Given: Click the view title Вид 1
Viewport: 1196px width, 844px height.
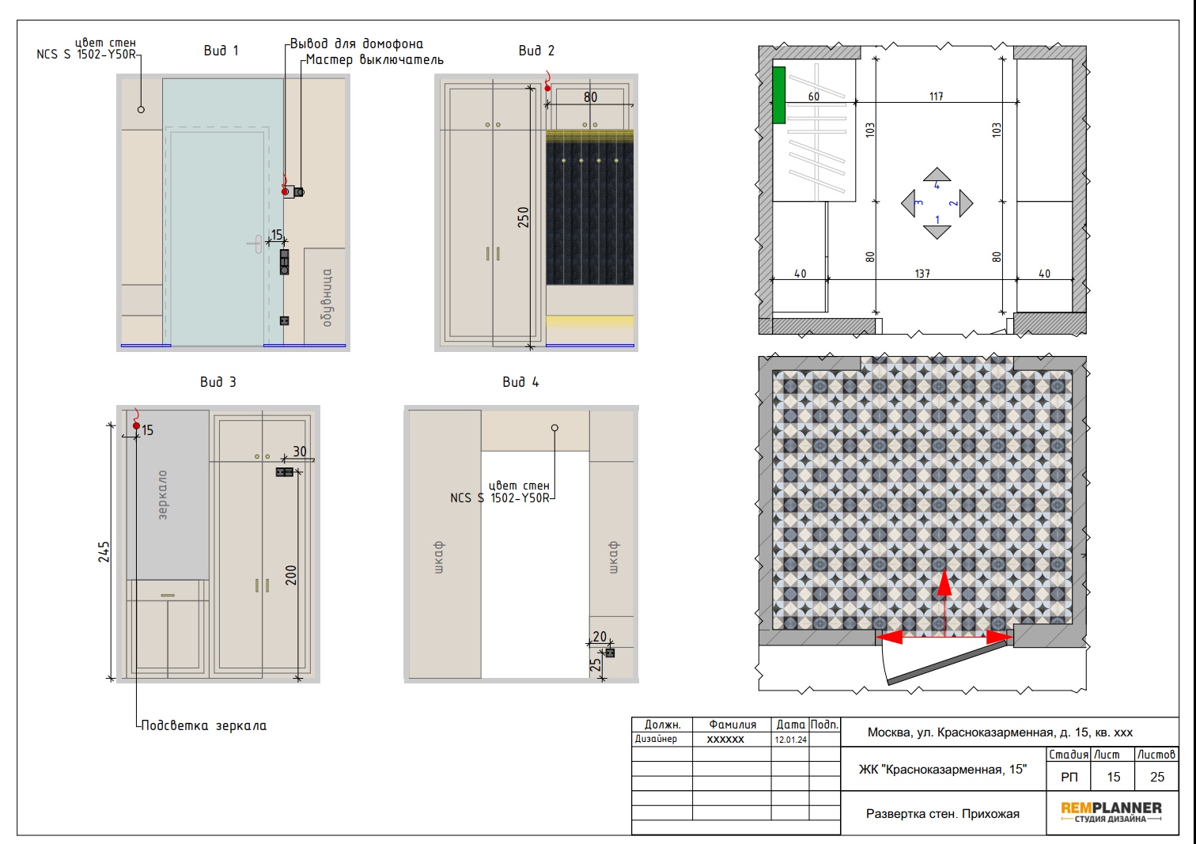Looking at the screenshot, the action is (221, 51).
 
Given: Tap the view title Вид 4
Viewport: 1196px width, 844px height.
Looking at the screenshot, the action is (520, 382).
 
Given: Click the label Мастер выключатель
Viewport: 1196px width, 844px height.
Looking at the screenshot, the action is (375, 60).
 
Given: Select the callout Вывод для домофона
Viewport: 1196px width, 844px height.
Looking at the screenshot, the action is (357, 44).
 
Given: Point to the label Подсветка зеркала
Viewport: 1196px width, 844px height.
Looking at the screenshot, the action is (203, 725).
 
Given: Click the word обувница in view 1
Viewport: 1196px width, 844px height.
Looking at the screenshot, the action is (327, 298).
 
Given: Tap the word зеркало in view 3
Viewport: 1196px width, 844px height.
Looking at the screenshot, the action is (163, 495).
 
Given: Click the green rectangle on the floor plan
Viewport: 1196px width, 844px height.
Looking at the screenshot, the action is (778, 95).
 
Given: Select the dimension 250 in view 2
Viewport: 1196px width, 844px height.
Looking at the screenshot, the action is (523, 218).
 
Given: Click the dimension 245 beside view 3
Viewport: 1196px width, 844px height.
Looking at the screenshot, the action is (104, 552).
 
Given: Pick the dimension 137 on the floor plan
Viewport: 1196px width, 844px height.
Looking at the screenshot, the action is (922, 274).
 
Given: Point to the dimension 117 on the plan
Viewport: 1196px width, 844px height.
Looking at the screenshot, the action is (936, 97).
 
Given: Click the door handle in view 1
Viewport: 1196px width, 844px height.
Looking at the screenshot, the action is (256, 244).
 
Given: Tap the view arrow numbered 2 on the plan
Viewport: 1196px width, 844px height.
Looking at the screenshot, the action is (966, 202).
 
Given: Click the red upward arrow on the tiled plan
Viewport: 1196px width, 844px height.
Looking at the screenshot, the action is (944, 604).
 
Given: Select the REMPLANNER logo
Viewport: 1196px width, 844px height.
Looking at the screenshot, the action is (1111, 812).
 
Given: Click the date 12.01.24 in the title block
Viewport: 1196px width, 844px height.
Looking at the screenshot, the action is (790, 740).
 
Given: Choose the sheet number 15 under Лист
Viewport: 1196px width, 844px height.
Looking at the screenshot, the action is (1113, 777).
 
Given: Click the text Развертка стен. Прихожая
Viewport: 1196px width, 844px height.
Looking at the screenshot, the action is (942, 814).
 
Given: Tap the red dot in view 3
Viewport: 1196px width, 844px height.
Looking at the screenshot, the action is (136, 426).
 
